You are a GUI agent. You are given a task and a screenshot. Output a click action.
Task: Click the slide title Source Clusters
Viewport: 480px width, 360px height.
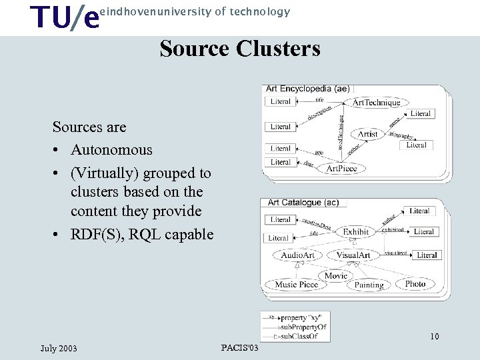click(x=240, y=49)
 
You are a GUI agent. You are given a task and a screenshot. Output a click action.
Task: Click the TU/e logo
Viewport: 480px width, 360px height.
click(x=66, y=17)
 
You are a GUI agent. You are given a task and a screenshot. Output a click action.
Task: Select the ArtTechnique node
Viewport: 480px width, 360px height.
click(x=377, y=102)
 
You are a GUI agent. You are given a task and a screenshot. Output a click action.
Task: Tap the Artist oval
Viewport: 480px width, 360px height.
click(x=367, y=134)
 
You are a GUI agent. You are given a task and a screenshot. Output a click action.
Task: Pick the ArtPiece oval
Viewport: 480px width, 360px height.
click(x=342, y=168)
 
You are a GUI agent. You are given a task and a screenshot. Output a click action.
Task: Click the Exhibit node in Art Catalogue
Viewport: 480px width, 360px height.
click(x=355, y=232)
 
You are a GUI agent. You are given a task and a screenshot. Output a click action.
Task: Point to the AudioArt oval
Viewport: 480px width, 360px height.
click(x=297, y=255)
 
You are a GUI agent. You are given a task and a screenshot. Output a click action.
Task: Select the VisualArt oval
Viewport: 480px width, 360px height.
click(x=353, y=255)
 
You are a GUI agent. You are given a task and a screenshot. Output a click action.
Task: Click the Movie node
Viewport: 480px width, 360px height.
click(x=335, y=275)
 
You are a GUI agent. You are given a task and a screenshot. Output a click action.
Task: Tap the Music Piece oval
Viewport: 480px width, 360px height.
click(x=297, y=285)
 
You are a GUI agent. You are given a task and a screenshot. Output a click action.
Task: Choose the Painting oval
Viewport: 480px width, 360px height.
click(x=369, y=285)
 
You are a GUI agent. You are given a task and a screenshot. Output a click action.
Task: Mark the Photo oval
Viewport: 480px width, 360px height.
click(x=415, y=284)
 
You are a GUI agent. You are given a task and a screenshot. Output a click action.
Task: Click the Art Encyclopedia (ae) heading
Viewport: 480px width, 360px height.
click(x=307, y=89)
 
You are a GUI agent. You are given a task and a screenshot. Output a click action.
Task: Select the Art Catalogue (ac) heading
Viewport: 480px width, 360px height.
click(x=303, y=203)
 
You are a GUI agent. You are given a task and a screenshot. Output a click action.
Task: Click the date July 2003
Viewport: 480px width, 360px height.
click(x=59, y=348)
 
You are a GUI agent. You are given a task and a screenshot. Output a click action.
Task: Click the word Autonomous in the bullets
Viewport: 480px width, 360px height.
click(x=111, y=150)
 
